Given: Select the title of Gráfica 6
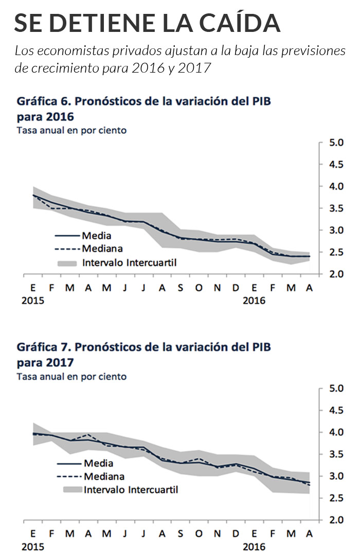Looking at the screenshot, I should click(144, 108).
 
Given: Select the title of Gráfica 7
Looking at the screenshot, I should click(144, 354).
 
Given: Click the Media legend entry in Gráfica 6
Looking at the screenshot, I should click(96, 236).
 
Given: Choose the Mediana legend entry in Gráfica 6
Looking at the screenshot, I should click(103, 249).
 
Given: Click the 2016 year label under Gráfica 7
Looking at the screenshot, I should click(254, 546).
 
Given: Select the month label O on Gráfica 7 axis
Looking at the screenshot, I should click(199, 534).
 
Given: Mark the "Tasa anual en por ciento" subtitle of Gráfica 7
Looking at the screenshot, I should click(71, 377).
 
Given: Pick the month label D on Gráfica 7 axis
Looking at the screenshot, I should click(236, 534).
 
